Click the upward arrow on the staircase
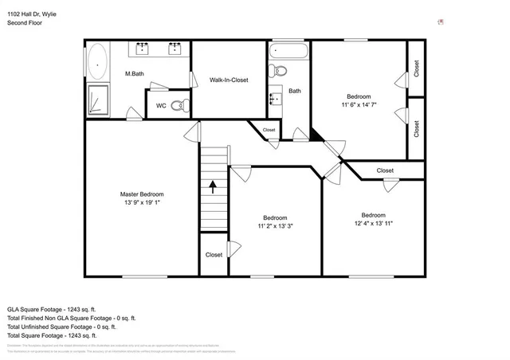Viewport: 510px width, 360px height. coord(213,187)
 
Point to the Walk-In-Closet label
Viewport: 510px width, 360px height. coord(229,80)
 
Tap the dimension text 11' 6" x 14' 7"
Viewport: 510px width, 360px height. coord(359,105)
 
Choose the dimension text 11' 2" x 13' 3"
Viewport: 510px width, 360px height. coord(276,226)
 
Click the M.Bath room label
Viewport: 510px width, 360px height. coord(133,74)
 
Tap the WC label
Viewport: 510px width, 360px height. coord(161,104)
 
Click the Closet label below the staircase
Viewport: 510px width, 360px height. coord(214,255)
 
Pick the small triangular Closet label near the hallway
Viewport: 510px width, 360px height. coord(269,130)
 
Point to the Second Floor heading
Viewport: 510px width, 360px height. coord(24,23)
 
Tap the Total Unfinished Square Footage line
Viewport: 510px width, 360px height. coord(61,327)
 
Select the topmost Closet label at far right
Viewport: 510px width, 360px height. coord(415,68)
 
